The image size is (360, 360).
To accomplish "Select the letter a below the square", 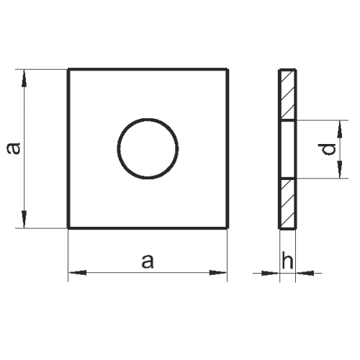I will click(148, 261).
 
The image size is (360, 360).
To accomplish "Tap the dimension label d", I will click(328, 149).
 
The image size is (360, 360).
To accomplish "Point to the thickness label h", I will click(287, 261).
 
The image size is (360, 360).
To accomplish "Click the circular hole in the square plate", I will click(148, 148).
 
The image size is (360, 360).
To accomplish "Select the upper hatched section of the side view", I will click(287, 94).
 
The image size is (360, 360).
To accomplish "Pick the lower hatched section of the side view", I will click(287, 203).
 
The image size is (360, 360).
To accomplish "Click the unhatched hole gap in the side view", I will click(287, 149).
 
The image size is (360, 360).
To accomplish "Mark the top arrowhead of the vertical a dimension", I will click(25, 76).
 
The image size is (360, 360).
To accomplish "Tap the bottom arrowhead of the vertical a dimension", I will click(25, 221).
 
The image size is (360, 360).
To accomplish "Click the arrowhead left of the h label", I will click(271, 272).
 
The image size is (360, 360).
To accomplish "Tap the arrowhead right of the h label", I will click(303, 272).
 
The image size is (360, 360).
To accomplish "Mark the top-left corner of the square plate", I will click(68, 69).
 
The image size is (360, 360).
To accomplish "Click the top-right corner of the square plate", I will click(228, 69).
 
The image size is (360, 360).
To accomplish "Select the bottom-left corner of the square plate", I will click(68, 228).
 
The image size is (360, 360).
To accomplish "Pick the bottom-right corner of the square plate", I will click(228, 228).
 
